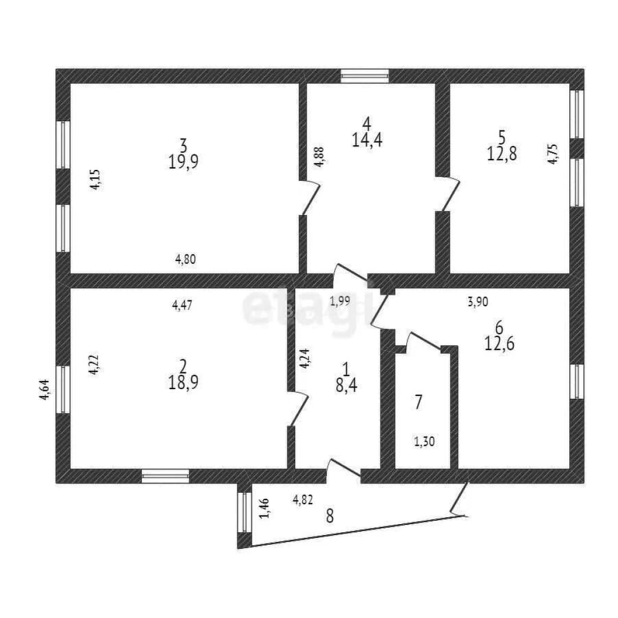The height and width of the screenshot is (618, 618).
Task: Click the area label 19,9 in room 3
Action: coord(183,161)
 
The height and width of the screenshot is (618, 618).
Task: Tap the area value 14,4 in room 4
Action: coord(367,140)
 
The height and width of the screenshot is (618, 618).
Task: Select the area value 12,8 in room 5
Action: coord(502,154)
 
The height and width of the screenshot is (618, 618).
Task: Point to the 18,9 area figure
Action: coord(183,382)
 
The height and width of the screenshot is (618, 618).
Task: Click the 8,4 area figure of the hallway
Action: coord(346,386)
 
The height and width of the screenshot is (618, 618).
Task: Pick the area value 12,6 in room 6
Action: coord(499,344)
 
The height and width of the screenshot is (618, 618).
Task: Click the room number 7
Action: coord(418,402)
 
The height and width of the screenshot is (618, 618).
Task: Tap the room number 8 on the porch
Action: coord(330,516)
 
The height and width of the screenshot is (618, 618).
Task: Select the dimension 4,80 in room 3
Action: coord(185,259)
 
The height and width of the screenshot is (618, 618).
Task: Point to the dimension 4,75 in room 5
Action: coord(553,154)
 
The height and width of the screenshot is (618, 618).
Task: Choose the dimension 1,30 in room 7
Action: coord(424,441)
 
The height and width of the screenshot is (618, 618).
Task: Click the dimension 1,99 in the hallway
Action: coord(340,302)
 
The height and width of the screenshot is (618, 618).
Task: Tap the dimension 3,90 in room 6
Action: coord(478,302)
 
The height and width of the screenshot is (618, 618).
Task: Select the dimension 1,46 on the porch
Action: coord(264,508)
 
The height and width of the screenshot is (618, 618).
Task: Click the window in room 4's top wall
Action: coord(365,76)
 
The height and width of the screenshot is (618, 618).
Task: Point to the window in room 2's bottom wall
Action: coord(165,476)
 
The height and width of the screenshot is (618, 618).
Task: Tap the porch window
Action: coord(245,512)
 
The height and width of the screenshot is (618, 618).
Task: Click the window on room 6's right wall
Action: coord(577,381)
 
